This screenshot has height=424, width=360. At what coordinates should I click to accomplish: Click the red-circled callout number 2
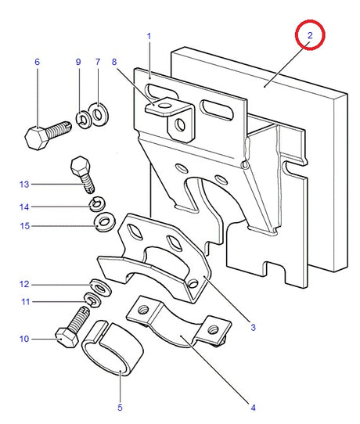point(310,35)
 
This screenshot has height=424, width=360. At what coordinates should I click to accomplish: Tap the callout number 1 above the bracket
point(149,36)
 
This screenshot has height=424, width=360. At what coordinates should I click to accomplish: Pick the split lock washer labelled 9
point(82,119)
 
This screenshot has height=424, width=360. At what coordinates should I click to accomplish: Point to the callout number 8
point(114,62)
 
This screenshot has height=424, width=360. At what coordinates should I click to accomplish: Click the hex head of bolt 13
point(80,166)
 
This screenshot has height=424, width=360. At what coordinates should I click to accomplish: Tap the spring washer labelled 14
point(97,204)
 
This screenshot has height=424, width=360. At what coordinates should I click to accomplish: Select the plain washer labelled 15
point(105,222)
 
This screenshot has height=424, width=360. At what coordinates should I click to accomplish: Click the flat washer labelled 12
point(101,287)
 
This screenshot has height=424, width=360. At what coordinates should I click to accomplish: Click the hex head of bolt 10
point(67,338)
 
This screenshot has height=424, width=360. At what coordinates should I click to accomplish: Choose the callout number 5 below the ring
point(120,408)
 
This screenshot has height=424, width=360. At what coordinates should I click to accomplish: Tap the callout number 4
point(253,408)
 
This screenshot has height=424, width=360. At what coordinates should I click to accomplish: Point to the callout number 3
point(253,328)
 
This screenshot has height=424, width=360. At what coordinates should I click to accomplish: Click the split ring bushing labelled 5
point(112,348)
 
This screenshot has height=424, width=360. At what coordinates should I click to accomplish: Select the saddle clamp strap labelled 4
point(178,322)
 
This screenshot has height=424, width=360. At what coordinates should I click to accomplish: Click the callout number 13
point(24,185)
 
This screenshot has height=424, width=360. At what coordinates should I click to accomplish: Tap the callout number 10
point(24,339)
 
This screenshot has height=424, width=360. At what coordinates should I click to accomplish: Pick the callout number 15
point(24,226)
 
